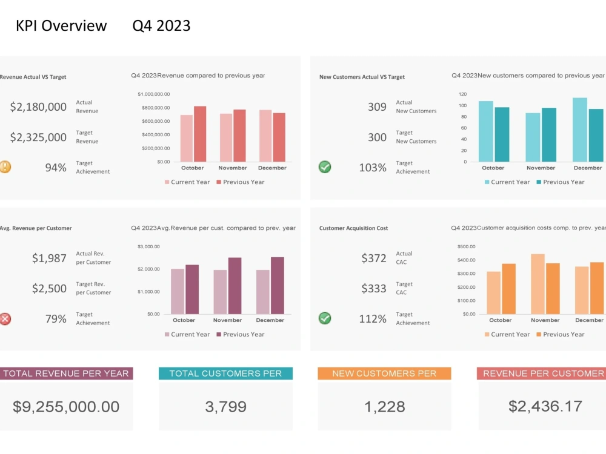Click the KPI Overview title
(61, 25)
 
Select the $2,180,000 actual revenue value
(38, 107)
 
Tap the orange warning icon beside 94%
(5, 167)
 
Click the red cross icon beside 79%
(5, 319)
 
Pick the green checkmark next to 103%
(325, 167)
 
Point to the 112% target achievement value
(373, 319)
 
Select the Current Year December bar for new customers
(580, 130)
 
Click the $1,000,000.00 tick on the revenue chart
(154, 94)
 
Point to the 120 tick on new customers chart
(462, 94)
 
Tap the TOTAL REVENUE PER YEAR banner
(66, 373)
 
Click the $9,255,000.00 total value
(66, 407)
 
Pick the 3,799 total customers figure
(225, 407)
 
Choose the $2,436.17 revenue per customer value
(545, 406)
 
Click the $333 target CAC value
(373, 289)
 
